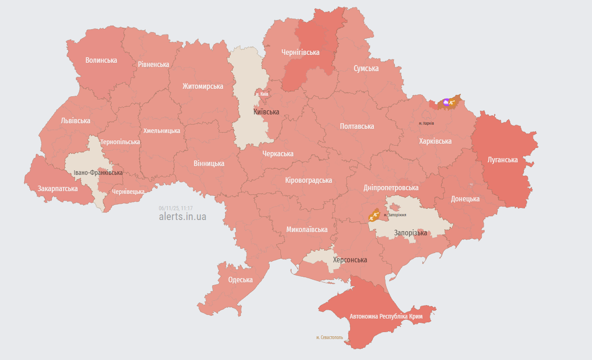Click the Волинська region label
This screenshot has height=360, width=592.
point(101,60)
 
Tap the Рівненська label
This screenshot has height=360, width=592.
point(153,64)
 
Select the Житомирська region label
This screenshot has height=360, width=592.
point(202,87)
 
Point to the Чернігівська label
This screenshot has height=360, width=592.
point(300,53)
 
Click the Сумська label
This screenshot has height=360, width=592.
point(366,68)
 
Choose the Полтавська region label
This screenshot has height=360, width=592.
point(357,127)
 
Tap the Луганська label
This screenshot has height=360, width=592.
point(502,160)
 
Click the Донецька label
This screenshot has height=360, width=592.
point(465,199)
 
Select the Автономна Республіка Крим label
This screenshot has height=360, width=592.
point(386,317)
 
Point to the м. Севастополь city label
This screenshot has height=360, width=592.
point(329,337)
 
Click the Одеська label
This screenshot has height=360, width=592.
point(240,280)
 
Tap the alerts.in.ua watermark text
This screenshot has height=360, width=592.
point(182,217)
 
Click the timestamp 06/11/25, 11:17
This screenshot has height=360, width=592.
point(175,208)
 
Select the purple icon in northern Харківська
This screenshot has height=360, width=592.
point(446,102)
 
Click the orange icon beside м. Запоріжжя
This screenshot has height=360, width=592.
point(373,216)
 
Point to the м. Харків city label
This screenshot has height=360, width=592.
point(426,123)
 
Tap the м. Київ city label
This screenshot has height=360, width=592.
point(262,94)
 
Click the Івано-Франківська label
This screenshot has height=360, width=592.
point(98,173)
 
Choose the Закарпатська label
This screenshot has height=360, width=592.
point(58,189)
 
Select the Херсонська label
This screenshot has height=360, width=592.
point(350,260)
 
